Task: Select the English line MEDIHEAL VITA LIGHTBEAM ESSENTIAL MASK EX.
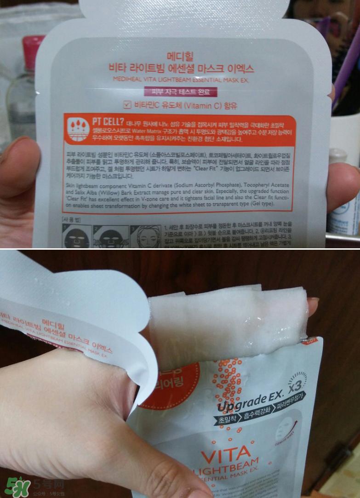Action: tap(183, 80)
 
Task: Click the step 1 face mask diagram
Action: tap(74, 236)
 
